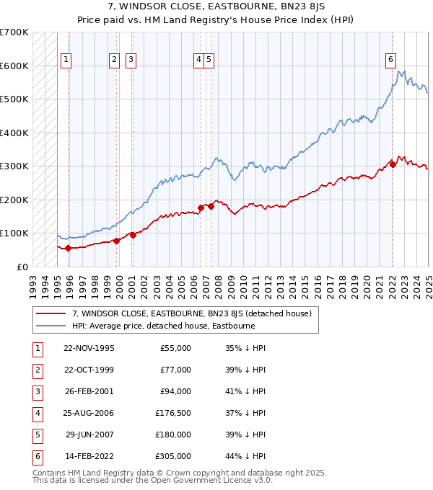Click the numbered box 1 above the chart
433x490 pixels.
(66, 60)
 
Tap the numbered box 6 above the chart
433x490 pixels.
(390, 60)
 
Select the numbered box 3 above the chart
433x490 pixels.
(131, 60)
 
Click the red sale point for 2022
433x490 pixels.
(393, 164)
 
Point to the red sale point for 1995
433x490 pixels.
(69, 249)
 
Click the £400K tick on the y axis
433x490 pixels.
(14, 133)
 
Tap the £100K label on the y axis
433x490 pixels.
(14, 233)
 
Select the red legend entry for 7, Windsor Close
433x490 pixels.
(191, 313)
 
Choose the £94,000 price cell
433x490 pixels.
(175, 391)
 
